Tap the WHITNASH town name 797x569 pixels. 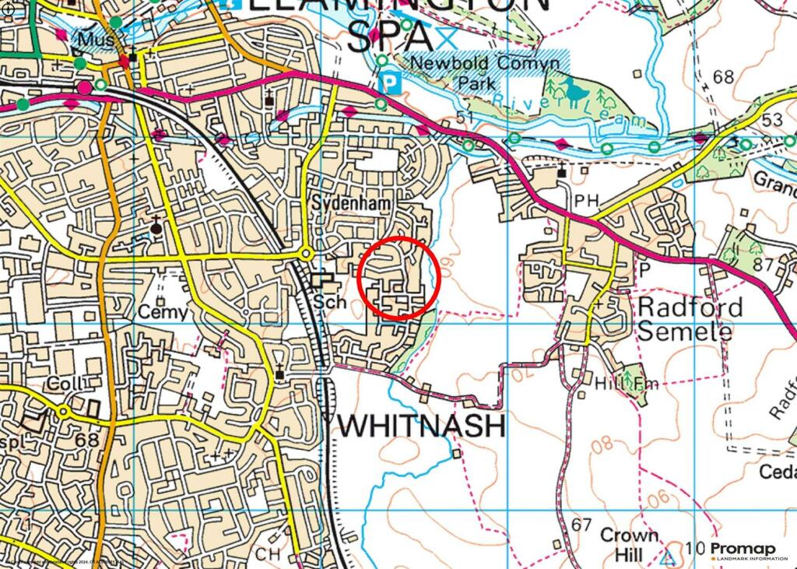(x=422, y=426)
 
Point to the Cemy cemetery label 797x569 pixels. (x=163, y=313)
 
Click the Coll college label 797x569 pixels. (x=65, y=385)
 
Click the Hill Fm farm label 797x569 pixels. (x=620, y=384)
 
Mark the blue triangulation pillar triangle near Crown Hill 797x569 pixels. (x=668, y=557)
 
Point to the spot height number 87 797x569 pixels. (x=764, y=265)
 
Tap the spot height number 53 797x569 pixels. (x=772, y=120)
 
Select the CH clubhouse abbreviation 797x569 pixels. (x=269, y=553)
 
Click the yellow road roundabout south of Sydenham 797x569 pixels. (x=306, y=254)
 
